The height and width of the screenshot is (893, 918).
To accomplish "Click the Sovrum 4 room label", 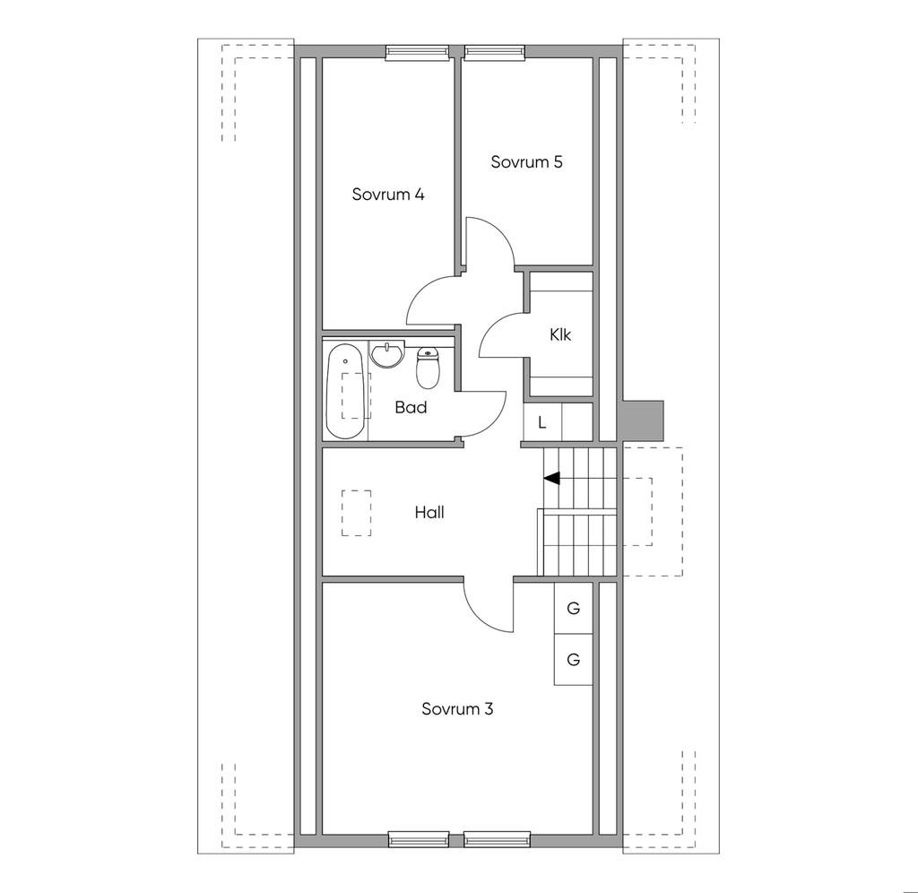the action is coord(387,195).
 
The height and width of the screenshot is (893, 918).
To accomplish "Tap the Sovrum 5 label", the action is coord(526,162).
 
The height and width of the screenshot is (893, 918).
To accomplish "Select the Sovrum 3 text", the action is coord(457,709).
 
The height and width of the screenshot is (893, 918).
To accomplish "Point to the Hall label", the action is coord(429,513).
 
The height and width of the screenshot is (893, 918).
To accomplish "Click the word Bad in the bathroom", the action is coord(411,407).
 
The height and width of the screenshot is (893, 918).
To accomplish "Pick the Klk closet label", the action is coord(560,335).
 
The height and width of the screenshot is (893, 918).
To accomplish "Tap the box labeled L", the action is coord(542,422).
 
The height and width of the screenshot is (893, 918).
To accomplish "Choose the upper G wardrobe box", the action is coord(574,608).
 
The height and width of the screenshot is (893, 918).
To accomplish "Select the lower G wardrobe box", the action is coord(574,660).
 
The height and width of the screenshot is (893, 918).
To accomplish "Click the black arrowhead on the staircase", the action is coord(552,478).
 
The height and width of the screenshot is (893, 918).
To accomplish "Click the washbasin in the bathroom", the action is coord(387,355).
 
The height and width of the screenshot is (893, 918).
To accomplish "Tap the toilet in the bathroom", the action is coord(429,368).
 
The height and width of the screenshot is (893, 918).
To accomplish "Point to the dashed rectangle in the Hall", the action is coord(356,512).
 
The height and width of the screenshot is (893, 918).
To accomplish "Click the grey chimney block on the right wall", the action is coord(642,420).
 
